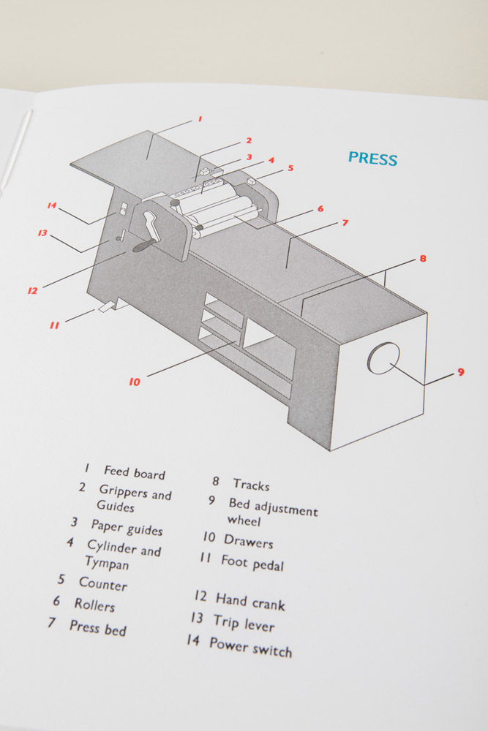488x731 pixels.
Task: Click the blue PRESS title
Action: click(372, 159)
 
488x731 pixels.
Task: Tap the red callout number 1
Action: click(200, 118)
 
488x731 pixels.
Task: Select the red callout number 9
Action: click(460, 372)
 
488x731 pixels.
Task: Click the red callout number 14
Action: click(52, 205)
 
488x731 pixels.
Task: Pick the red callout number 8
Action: click(423, 259)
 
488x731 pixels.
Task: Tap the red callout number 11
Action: click(54, 325)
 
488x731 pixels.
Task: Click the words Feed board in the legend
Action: click(135, 473)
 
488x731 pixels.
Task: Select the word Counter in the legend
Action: click(103, 584)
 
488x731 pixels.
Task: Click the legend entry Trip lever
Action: click(244, 624)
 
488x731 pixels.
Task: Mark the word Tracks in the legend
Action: click(251, 484)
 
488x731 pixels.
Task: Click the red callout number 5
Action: click(290, 168)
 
